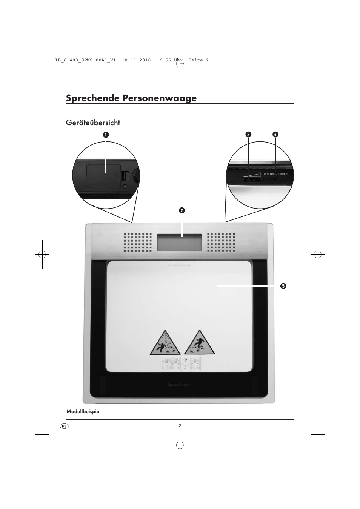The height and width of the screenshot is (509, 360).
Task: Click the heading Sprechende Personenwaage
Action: coord(131,98)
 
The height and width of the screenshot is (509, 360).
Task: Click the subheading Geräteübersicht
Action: coord(93,123)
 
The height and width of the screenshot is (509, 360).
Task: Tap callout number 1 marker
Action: coord(106,135)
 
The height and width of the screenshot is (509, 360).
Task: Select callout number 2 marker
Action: coord(182,210)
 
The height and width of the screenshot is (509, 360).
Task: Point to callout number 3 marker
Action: coord(248,135)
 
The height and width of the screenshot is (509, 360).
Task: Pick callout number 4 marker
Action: coord(275,135)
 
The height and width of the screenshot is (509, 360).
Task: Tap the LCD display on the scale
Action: coord(179,242)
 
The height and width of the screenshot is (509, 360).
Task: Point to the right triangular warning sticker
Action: coord(200,343)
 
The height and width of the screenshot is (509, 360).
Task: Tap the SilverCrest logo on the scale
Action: coord(179,385)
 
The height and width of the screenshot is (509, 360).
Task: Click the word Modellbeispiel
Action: coord(83,411)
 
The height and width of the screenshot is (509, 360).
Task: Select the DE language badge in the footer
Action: coord(65,426)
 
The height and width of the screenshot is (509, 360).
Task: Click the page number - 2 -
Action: coord(180,426)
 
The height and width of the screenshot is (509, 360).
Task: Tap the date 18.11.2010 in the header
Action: coord(136,60)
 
